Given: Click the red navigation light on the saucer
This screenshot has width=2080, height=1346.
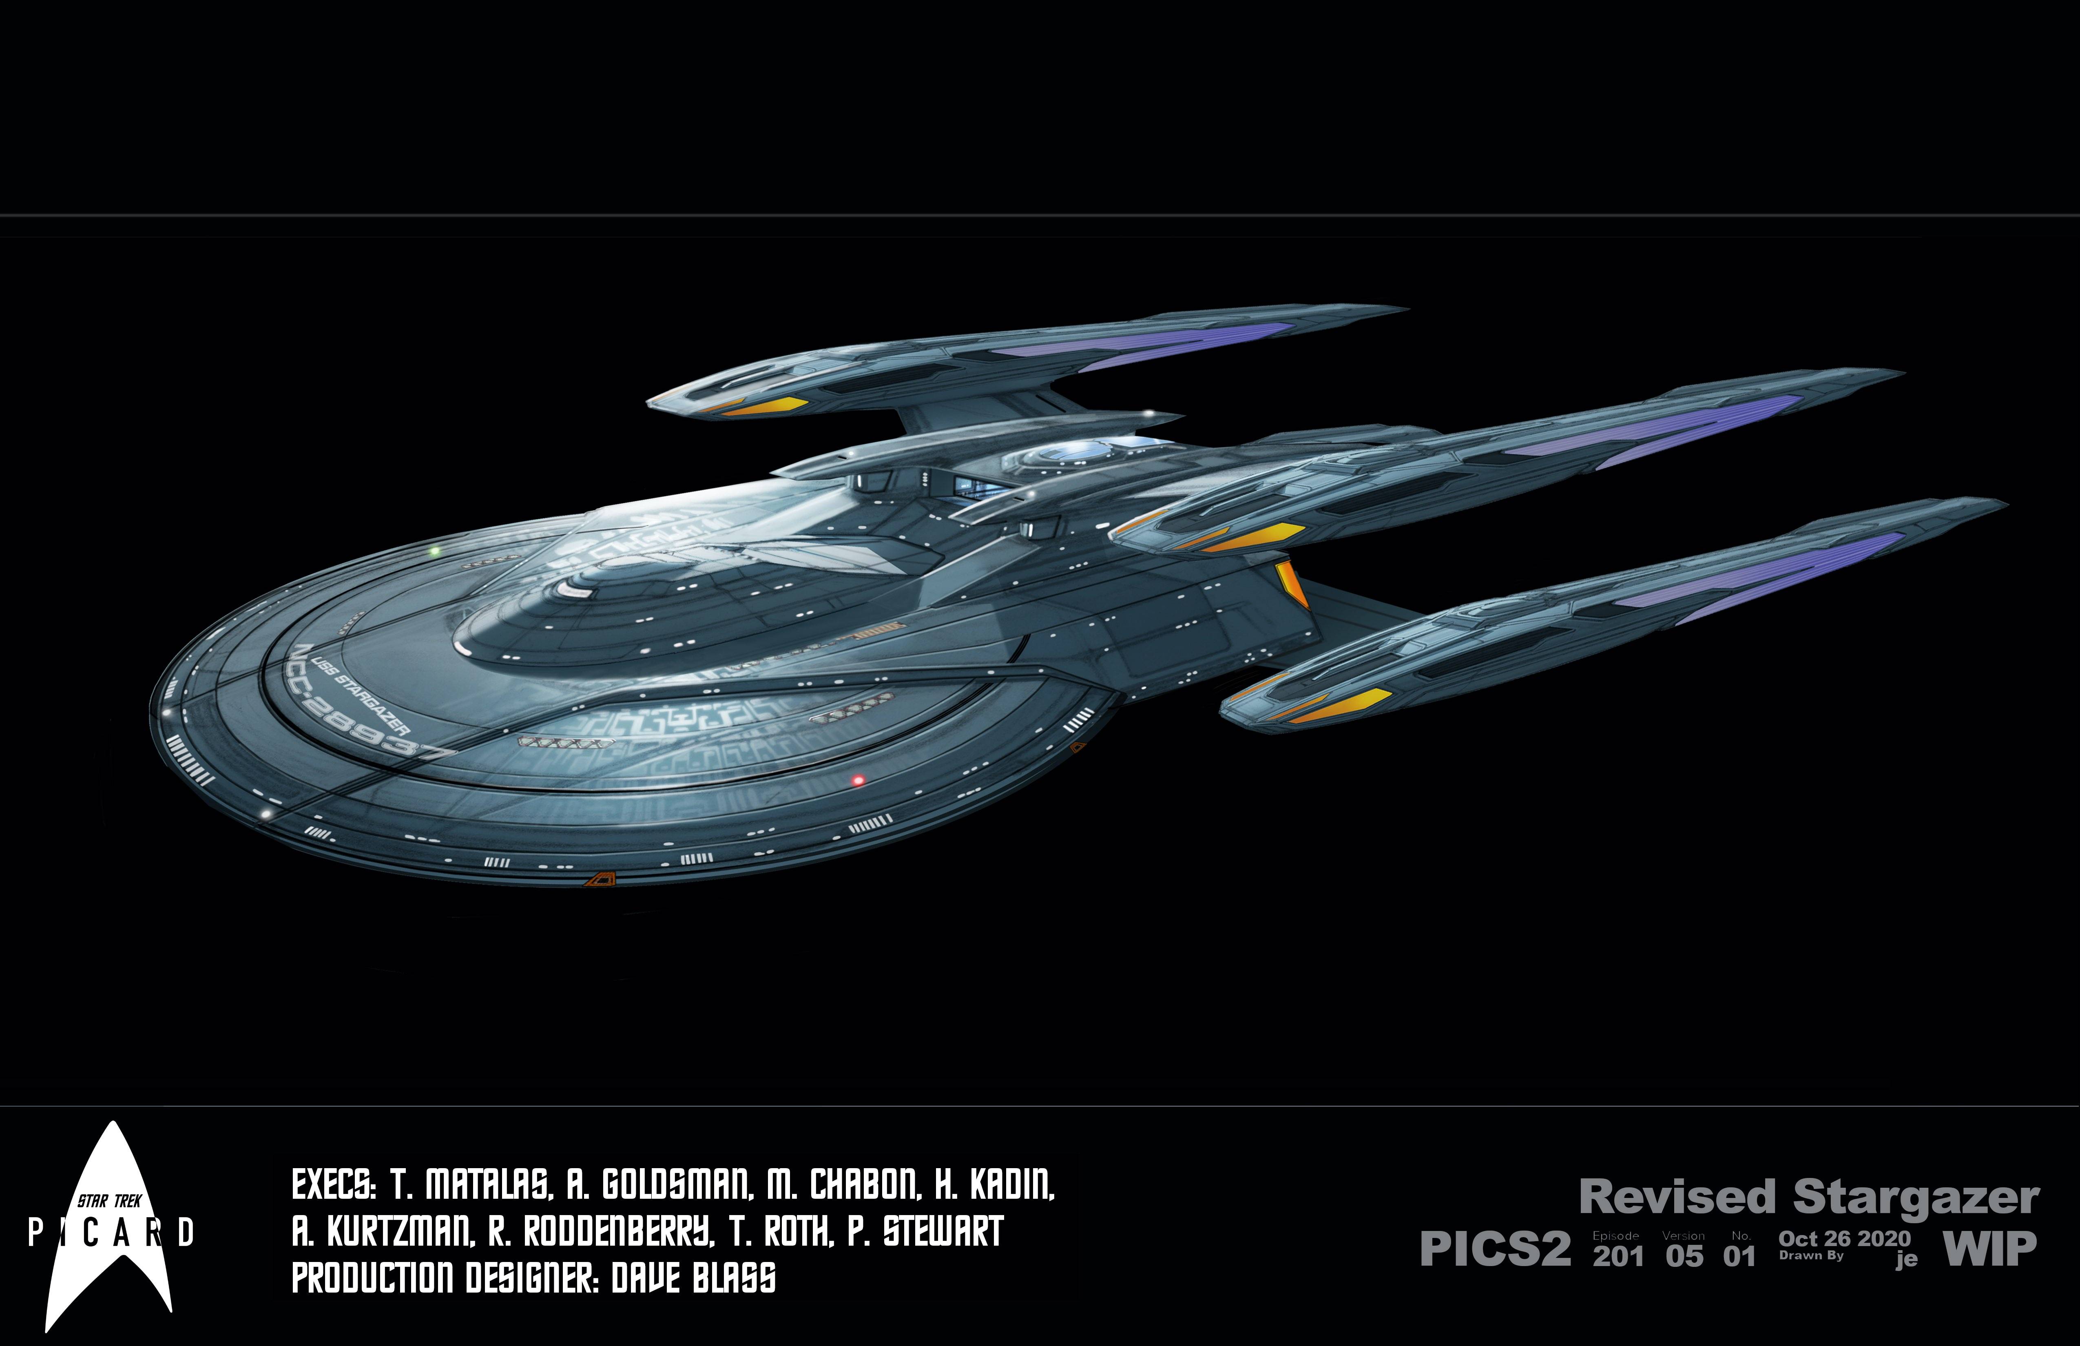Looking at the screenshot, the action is [x=858, y=779].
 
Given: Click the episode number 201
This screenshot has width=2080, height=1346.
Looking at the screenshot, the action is [x=1618, y=1256].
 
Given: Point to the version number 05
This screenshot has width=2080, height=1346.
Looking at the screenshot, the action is [x=1684, y=1256].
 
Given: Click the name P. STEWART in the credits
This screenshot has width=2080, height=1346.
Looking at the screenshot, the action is [x=925, y=1232].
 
